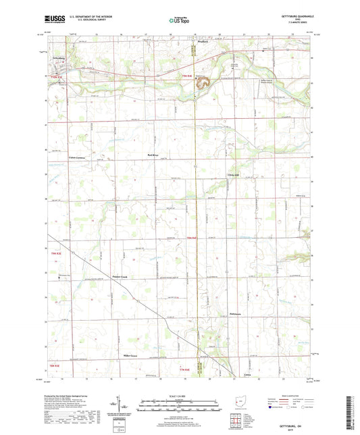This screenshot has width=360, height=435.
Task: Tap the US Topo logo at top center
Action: click(178, 21)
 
